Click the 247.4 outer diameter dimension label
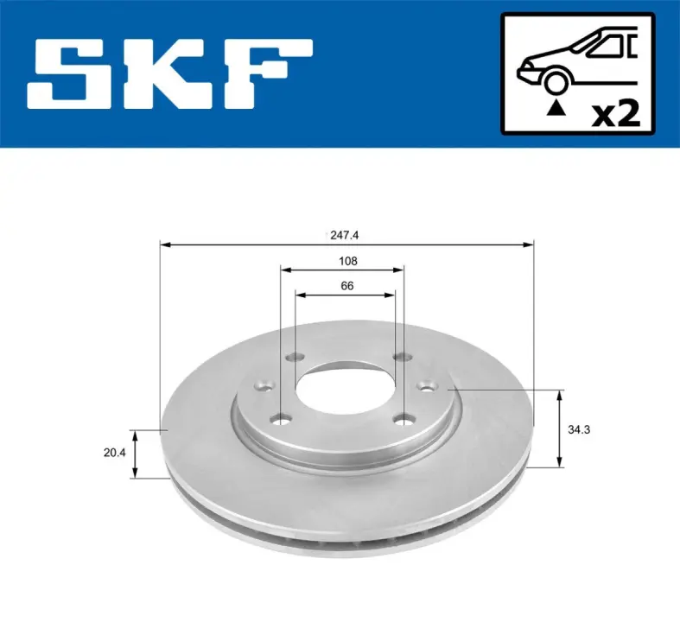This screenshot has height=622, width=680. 345,235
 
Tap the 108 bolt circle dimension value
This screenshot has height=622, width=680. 348,261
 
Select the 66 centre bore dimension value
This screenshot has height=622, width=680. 347,286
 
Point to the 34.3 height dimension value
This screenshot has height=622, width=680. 579,429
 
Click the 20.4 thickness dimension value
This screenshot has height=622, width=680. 115,453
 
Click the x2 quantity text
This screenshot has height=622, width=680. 616,114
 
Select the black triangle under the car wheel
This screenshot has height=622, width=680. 556,108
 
